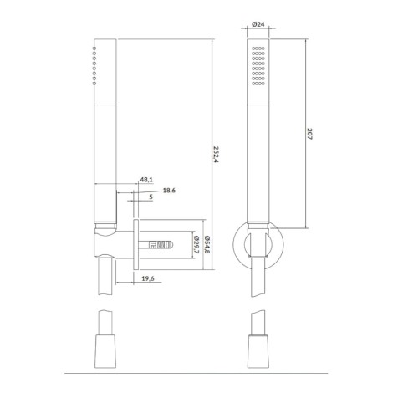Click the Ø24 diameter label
pyautogui.click(x=258, y=24)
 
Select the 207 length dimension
pyautogui.click(x=309, y=134)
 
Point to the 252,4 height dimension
pyautogui.click(x=215, y=155)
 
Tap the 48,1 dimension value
pyautogui.click(x=146, y=180)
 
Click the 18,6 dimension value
pyautogui.click(x=169, y=191)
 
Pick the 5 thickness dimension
pyautogui.click(x=151, y=196)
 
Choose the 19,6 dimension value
pyautogui.click(x=148, y=278)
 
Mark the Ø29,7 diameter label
pyautogui.click(x=196, y=245)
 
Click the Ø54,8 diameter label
pyautogui.click(x=207, y=245)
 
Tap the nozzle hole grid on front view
pyautogui.click(x=258, y=66)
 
